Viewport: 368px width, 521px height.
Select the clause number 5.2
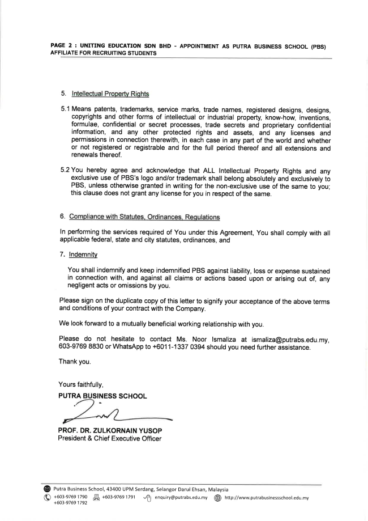click(x=66, y=169)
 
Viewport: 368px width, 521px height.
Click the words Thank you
click(x=75, y=361)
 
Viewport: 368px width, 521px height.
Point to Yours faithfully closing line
click(x=83, y=384)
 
